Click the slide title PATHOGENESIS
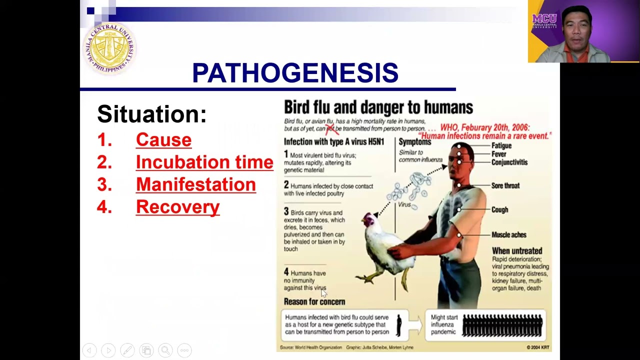(295, 73)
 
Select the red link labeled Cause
(163, 139)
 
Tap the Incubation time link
(204, 162)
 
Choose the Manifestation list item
(195, 184)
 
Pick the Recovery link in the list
(177, 207)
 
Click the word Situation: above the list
(151, 114)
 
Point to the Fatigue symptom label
(501, 145)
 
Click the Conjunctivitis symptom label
(509, 162)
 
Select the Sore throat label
(505, 185)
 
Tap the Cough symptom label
(499, 210)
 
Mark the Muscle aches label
(508, 234)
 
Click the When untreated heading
(516, 251)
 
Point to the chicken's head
(369, 220)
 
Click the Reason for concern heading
(314, 302)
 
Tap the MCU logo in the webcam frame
(544, 21)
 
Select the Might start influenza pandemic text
(444, 324)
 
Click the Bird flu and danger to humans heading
(378, 107)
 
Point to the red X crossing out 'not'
(330, 129)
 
